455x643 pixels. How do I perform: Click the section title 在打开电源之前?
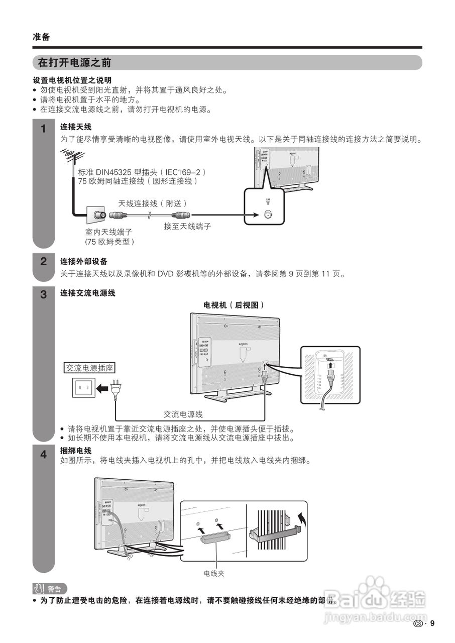74,63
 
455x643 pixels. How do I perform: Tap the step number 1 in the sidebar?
44,129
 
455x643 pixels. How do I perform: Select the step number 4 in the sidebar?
44,455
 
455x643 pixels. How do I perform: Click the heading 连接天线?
76,127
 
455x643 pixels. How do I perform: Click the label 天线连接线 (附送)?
152,203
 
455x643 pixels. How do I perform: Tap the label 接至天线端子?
187,227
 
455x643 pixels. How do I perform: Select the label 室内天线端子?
108,232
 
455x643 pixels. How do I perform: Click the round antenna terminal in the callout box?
268,214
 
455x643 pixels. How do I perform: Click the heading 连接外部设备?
84,261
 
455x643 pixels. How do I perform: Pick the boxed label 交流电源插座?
90,368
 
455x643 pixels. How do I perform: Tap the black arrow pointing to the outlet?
102,388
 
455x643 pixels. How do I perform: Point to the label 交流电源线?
183,414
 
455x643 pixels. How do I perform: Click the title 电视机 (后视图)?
234,305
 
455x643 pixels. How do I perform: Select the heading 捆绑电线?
76,451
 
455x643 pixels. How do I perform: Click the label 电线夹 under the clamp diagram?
214,573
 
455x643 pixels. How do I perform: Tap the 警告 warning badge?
49,589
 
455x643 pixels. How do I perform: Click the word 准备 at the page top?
41,37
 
